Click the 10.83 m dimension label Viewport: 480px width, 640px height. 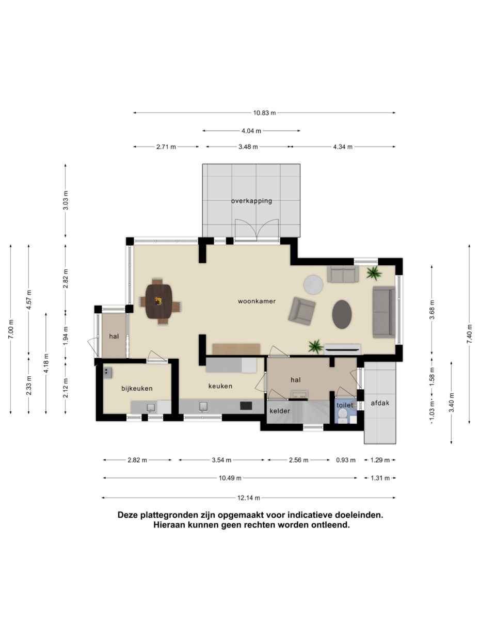pos(264,113)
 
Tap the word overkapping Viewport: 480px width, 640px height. pos(251,201)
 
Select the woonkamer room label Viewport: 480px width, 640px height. pos(257,301)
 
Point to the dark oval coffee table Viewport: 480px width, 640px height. pos(342,314)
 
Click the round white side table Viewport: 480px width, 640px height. pos(313,284)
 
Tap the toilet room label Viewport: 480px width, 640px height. pos(345,405)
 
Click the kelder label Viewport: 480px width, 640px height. pos(280,411)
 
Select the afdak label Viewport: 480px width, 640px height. pos(380,403)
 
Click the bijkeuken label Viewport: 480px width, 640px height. pos(137,388)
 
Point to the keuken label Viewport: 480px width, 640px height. pos(220,386)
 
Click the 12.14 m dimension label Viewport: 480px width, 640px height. pos(249,498)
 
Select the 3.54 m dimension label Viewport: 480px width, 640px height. pos(221,460)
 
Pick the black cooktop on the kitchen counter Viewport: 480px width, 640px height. pos(246,406)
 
